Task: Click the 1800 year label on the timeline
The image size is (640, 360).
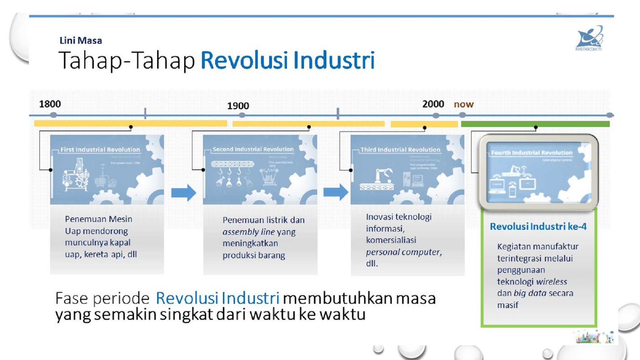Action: click(x=50, y=104)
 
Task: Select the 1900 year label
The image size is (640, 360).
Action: click(x=238, y=106)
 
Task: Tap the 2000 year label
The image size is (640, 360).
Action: click(x=433, y=104)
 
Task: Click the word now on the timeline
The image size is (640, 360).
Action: click(x=463, y=104)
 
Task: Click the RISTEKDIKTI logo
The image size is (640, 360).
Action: click(x=589, y=38)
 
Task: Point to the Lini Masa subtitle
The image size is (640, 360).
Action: click(x=81, y=41)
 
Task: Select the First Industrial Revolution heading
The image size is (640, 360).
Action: click(x=100, y=150)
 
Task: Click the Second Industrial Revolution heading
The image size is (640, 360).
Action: click(x=253, y=149)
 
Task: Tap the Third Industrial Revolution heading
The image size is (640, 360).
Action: click(x=400, y=150)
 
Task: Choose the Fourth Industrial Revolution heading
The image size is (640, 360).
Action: click(x=532, y=153)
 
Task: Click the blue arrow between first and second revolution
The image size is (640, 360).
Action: click(x=183, y=193)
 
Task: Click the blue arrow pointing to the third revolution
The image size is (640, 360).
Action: click(x=336, y=192)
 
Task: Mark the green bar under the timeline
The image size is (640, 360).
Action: click(x=535, y=124)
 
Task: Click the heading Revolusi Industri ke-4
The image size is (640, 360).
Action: click(x=538, y=227)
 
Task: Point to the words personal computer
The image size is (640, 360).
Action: click(x=404, y=252)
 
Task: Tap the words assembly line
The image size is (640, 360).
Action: click(x=249, y=232)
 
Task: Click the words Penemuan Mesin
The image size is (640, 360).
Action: click(x=98, y=219)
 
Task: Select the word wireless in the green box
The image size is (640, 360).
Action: click(x=551, y=282)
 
